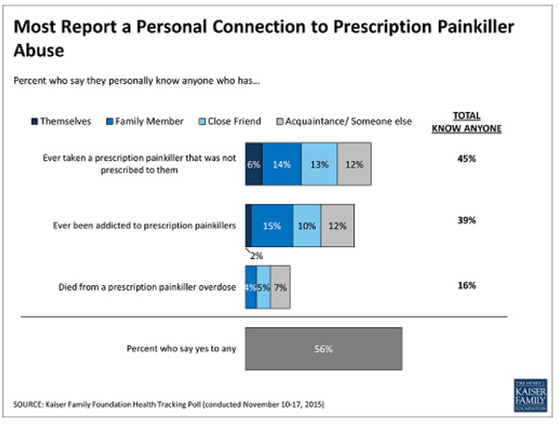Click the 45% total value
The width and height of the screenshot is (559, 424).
tap(467, 158)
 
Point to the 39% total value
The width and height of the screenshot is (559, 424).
tap(467, 220)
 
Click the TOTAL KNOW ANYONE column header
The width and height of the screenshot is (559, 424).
tap(467, 122)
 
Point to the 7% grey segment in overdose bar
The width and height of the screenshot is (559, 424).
tap(279, 290)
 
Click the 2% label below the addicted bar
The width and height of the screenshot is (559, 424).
tap(253, 254)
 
